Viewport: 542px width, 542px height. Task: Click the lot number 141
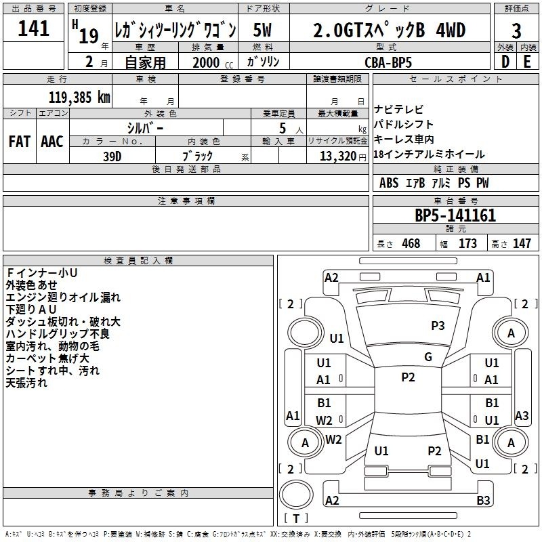33,28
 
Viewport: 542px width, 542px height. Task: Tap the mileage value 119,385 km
79,98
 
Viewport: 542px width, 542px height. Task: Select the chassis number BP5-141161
455,215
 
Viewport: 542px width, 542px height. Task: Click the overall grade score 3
516,31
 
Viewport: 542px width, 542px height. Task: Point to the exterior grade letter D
505,62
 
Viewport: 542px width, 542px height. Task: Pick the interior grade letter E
527,62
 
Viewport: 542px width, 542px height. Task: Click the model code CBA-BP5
388,62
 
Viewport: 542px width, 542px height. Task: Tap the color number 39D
112,157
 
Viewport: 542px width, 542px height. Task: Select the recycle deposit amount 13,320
337,156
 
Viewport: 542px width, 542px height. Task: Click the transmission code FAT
20,142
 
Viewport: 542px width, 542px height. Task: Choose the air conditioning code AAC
52,142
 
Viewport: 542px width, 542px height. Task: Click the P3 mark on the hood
438,325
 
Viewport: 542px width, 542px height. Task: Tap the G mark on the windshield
428,357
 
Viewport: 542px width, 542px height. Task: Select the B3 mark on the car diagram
483,500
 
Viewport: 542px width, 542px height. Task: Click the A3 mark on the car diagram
522,415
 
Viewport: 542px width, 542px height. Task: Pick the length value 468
411,243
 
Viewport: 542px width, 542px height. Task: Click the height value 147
522,243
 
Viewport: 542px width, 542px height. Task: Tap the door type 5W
262,30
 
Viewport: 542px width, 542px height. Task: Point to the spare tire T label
296,518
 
